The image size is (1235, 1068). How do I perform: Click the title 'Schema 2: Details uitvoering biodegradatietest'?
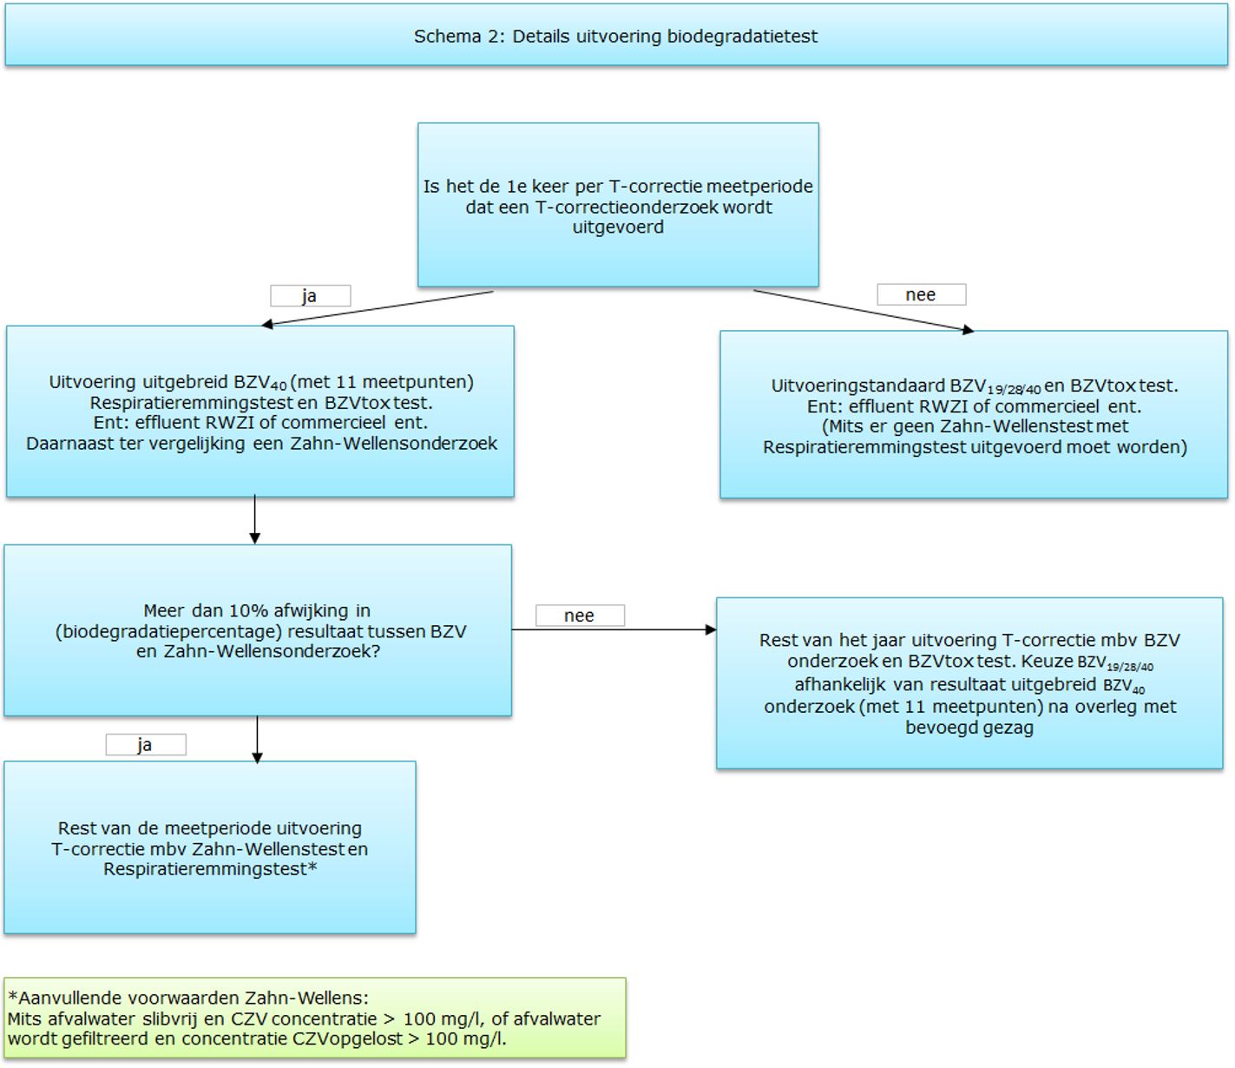[x=615, y=36]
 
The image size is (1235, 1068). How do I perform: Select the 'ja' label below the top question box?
[x=310, y=296]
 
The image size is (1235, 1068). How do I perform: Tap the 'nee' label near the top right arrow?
[x=920, y=294]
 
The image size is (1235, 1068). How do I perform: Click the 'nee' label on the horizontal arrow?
[x=579, y=616]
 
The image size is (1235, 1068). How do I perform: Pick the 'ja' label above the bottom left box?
[x=145, y=745]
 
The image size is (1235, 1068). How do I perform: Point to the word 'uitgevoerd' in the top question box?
[x=618, y=227]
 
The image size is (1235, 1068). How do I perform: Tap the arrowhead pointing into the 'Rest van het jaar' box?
[x=711, y=630]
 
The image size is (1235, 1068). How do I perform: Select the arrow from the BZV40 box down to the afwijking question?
[x=255, y=519]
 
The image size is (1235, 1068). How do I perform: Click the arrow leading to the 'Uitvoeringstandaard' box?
[x=864, y=310]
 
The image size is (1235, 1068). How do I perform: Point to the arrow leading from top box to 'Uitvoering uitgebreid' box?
[x=377, y=308]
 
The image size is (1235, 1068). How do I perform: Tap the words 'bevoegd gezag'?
[x=969, y=728]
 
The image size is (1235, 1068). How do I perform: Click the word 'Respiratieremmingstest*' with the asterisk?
[x=210, y=869]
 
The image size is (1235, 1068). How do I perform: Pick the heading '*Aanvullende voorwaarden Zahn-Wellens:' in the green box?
[x=188, y=998]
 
